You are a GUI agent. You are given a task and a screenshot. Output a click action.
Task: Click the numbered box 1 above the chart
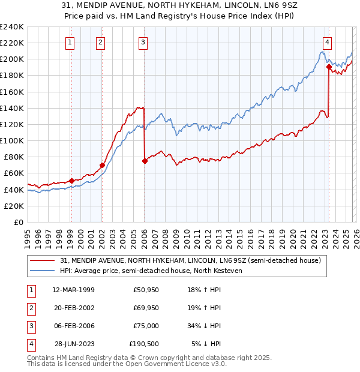click(71, 42)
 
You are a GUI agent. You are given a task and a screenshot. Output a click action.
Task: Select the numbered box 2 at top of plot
click(100, 42)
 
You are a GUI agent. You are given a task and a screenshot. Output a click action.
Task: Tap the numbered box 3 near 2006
click(143, 42)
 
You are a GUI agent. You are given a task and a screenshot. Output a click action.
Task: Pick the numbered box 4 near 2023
click(327, 42)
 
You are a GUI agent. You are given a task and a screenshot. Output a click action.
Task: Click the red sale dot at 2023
click(329, 67)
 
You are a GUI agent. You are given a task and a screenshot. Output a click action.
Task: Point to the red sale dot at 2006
click(145, 161)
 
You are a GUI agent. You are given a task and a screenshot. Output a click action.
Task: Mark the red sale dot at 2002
click(102, 165)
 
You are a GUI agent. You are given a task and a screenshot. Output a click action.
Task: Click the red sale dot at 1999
click(71, 180)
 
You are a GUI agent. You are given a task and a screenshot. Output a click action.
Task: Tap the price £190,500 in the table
click(144, 344)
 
